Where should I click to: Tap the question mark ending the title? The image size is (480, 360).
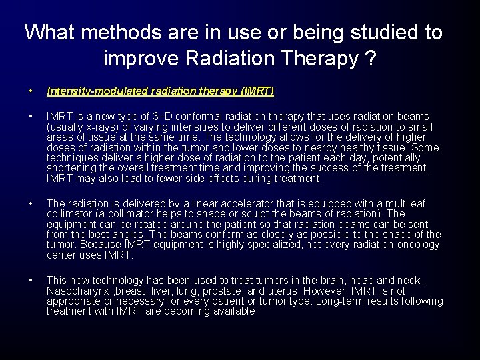[369, 59]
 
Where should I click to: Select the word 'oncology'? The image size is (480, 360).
[420, 245]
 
